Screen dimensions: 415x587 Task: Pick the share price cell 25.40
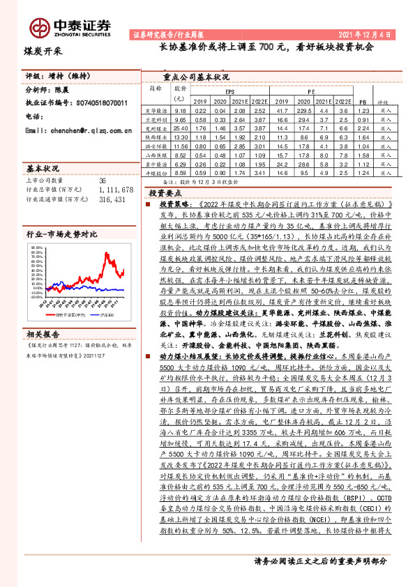pos(181,128)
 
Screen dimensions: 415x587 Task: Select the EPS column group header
pos(229,92)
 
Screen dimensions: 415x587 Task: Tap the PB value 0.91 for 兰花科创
pos(361,120)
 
